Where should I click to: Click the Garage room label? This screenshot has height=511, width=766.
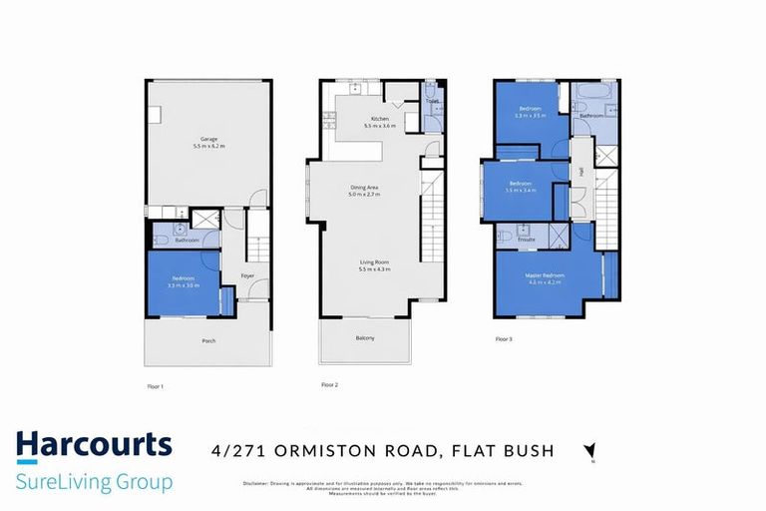pos(208,139)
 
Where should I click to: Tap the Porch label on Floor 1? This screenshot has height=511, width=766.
pos(208,341)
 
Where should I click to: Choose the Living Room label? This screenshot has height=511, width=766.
pos(375,262)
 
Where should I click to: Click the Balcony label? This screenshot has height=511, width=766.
pos(365,338)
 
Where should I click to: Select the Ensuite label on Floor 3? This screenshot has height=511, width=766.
pos(528,240)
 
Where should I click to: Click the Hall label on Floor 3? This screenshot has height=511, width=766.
pos(579,172)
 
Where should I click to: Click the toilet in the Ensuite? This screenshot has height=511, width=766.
pos(505,237)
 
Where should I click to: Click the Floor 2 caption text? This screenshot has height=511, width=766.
pos(330,384)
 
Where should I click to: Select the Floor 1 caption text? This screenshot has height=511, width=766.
pos(156,384)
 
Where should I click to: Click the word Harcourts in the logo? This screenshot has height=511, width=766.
pos(95,445)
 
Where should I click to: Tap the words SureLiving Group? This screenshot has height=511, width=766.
pos(95,482)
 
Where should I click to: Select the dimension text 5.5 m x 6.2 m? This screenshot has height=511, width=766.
pos(208,147)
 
